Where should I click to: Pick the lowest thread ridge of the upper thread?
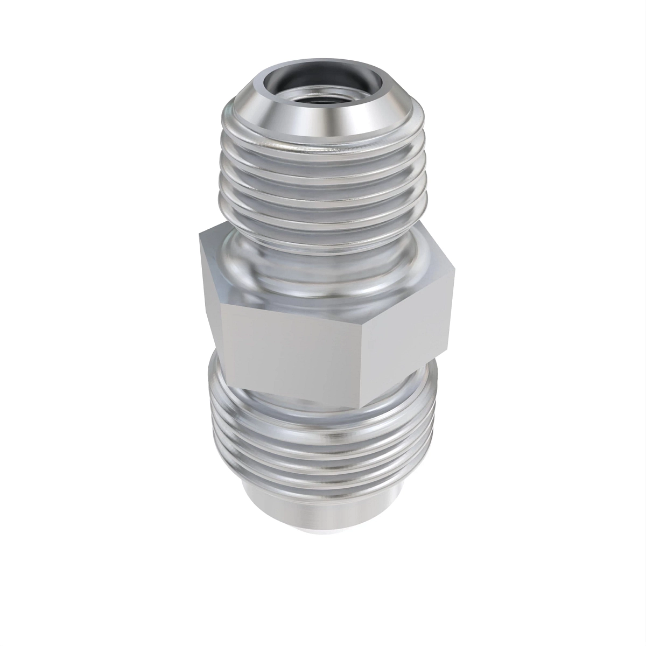coord(323,223)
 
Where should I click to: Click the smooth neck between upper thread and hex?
coord(323,269)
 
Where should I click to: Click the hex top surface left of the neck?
coord(221,253)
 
